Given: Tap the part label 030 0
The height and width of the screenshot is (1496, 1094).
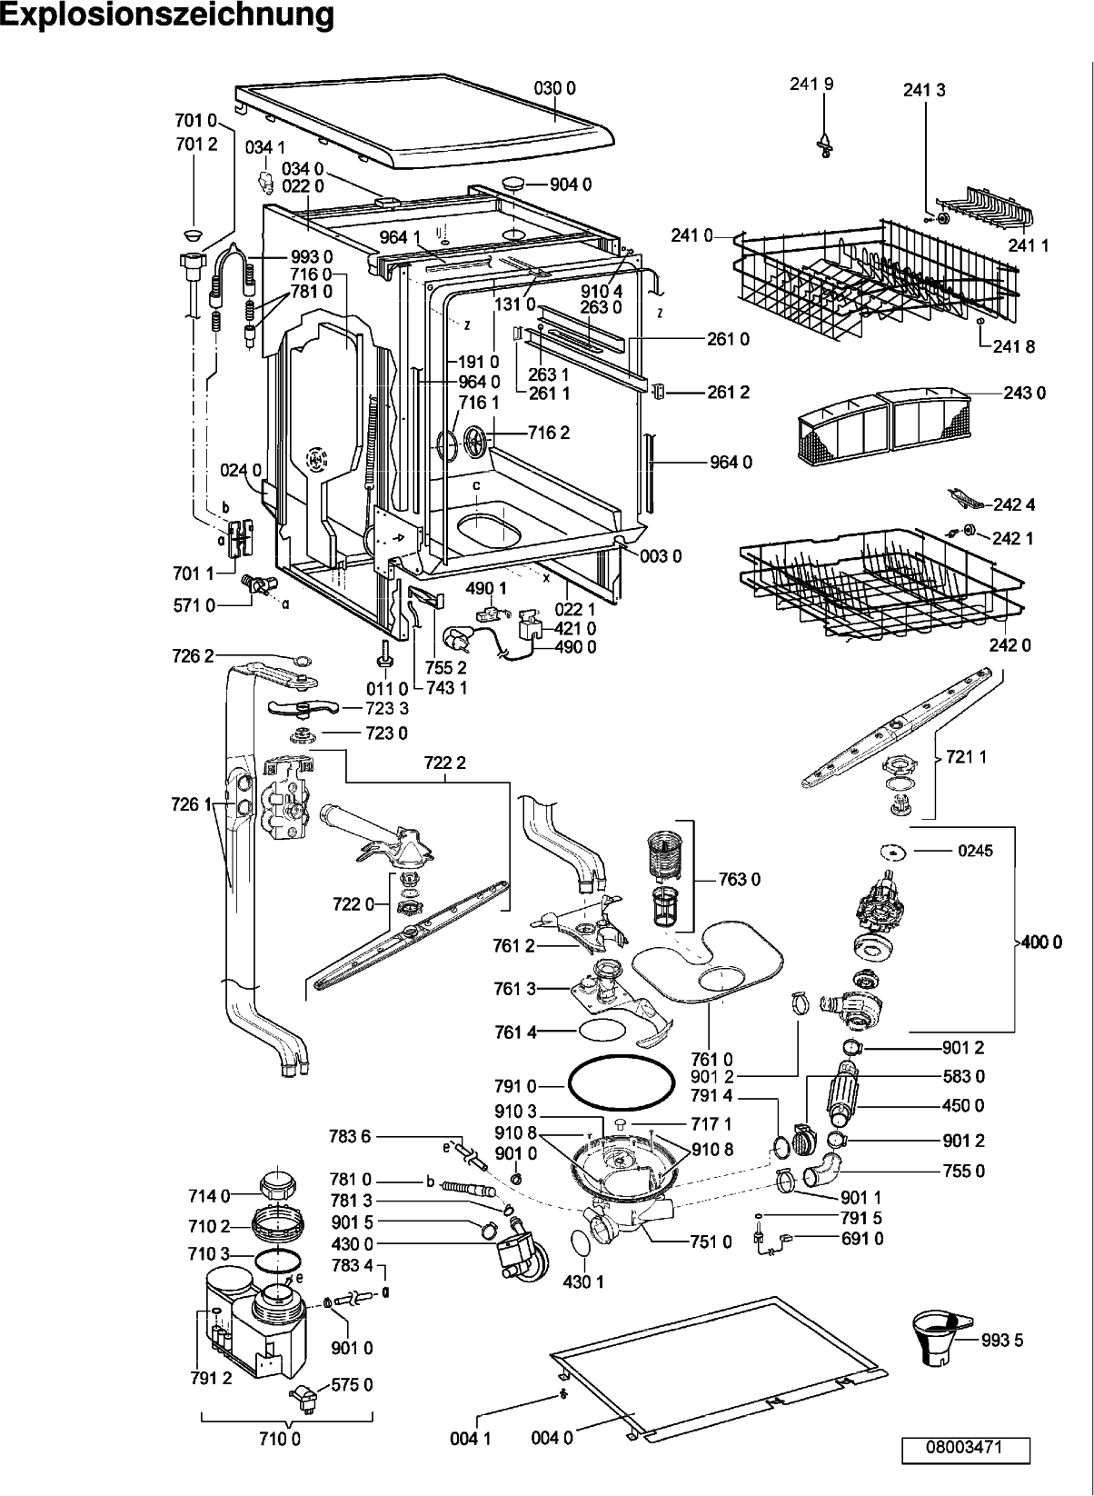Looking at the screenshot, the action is coord(554,88).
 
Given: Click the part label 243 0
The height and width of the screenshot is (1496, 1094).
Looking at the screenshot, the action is coord(1025,393).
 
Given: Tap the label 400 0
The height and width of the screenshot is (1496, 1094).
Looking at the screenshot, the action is coord(1041,942).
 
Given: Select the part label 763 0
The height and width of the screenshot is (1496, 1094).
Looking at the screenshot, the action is coord(739,879).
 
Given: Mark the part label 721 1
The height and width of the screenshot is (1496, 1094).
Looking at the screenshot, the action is coord(967,756).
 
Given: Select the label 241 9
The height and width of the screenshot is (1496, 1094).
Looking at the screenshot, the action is coord(811,84).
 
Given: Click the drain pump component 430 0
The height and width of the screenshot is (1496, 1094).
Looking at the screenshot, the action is coord(524,1254).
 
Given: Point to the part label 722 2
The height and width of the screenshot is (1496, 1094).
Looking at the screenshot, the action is coord(445,763).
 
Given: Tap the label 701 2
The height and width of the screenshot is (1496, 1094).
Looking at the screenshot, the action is coord(196,145).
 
